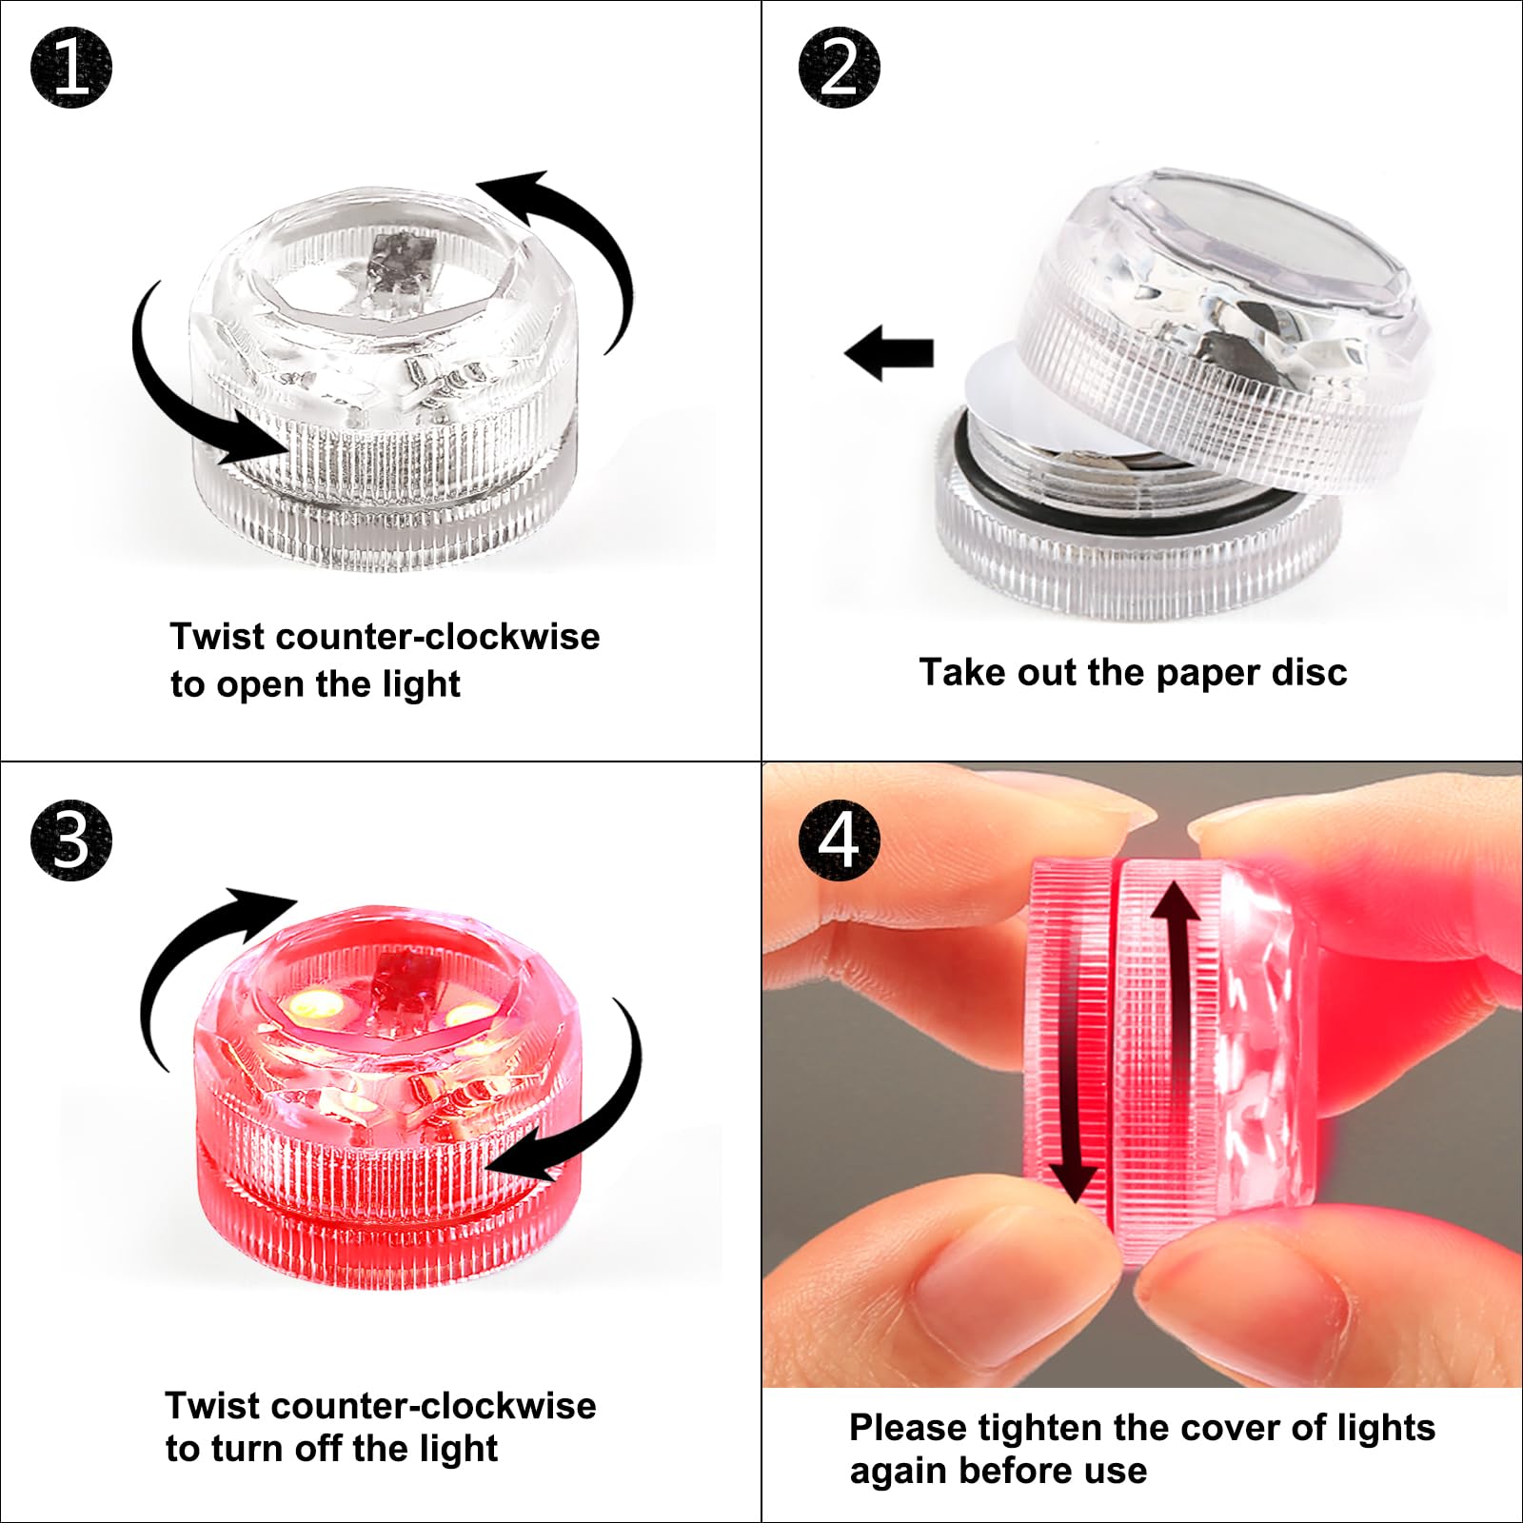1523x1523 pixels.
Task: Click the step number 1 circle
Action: point(71,68)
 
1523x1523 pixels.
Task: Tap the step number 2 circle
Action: point(839,68)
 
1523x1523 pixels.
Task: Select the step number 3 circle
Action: point(71,841)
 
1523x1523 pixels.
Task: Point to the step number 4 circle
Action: point(839,841)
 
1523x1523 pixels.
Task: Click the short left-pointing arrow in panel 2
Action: point(889,353)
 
